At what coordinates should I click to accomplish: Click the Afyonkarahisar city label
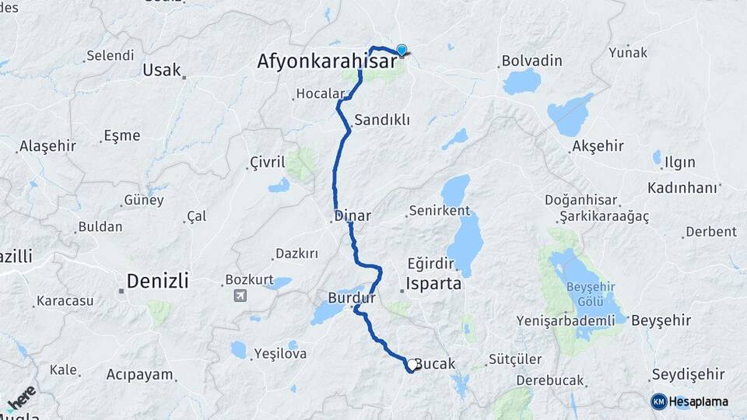click(x=327, y=61)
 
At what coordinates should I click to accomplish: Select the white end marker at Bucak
click(x=412, y=364)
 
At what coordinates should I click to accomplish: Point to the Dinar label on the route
click(x=352, y=215)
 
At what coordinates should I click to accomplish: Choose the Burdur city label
click(x=352, y=298)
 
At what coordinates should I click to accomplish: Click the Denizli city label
click(x=157, y=281)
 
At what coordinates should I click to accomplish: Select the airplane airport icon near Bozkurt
click(x=239, y=296)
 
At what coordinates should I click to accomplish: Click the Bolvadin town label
click(x=531, y=60)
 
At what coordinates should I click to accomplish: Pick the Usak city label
click(x=161, y=70)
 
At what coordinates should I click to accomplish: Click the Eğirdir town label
click(x=429, y=264)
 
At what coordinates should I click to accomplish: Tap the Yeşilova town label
click(x=280, y=354)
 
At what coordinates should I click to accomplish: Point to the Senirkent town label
click(x=440, y=211)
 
